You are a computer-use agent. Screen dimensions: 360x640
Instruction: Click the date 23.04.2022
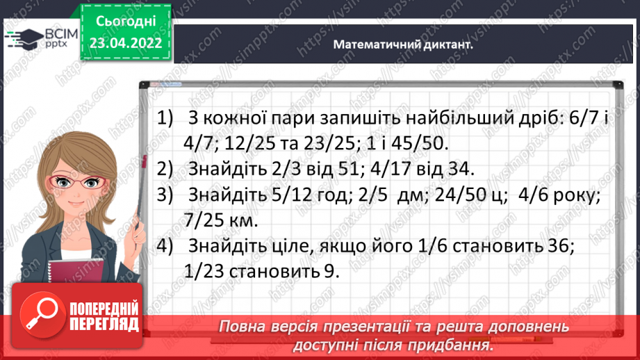pos(126,42)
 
